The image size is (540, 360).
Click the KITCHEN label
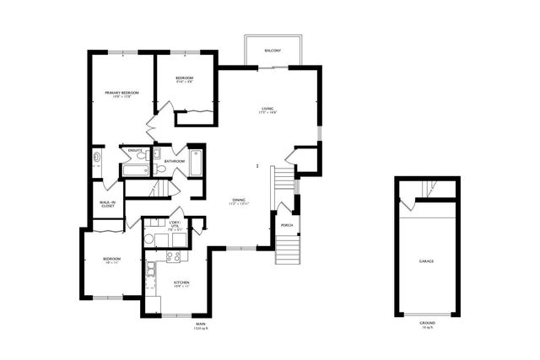[x=181, y=282]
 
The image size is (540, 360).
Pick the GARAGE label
[x=427, y=261]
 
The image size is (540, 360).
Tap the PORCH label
[x=286, y=225]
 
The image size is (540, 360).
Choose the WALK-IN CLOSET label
[x=108, y=203]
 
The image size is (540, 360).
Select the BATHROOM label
[x=175, y=161]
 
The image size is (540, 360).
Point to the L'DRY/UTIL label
[x=175, y=223]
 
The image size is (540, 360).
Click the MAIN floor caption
[x=201, y=325]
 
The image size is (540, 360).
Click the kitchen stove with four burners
[x=175, y=256]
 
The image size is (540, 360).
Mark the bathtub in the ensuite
[x=135, y=170]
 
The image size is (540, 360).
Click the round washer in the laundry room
[x=149, y=239]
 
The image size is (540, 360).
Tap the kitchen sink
[x=150, y=271]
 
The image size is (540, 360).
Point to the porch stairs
[x=288, y=250]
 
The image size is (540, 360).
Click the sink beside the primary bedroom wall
[x=96, y=157]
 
